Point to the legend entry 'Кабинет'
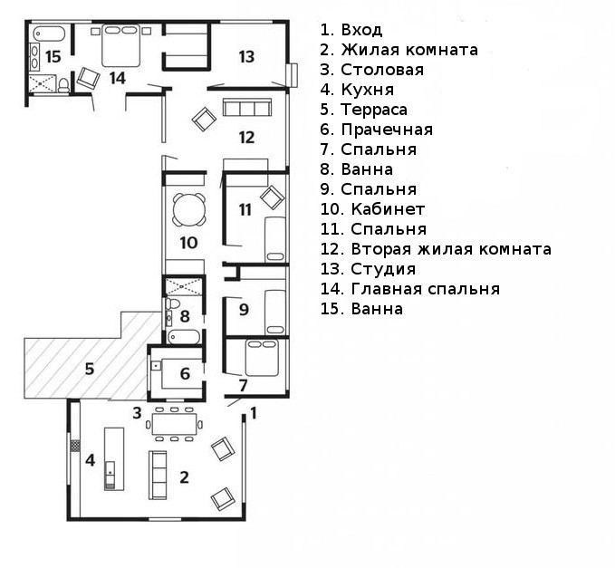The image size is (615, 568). [368, 209]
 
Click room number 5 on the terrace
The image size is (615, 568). [89, 369]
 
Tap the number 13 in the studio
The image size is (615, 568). [247, 56]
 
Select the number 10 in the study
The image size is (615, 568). [188, 243]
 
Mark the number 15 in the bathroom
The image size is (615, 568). [53, 56]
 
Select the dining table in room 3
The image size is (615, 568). [176, 423]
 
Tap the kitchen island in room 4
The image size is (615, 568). [113, 457]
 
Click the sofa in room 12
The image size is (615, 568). [246, 109]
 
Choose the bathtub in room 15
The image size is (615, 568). [51, 34]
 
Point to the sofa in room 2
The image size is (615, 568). [158, 473]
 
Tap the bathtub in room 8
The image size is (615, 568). [184, 338]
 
